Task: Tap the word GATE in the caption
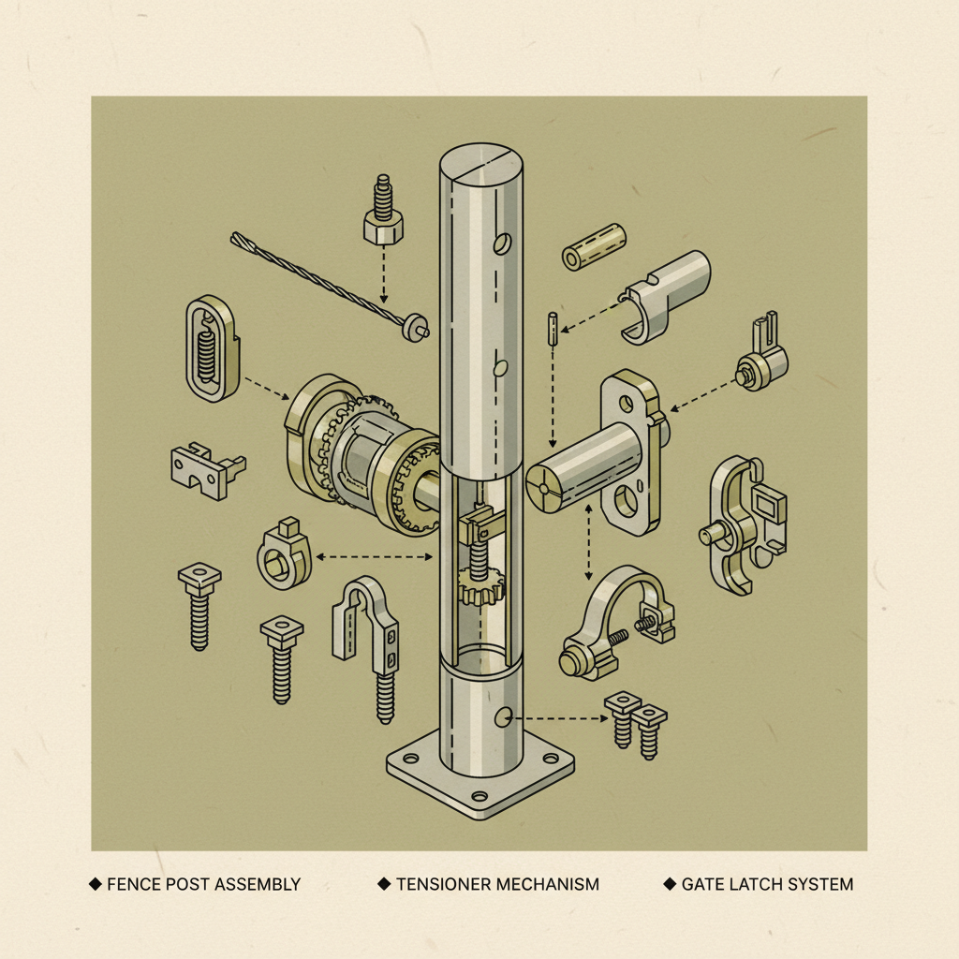(701, 884)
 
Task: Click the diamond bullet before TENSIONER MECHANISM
(384, 884)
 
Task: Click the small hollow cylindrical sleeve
(594, 247)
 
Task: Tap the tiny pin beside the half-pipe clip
(553, 329)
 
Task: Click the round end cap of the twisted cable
(415, 328)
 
